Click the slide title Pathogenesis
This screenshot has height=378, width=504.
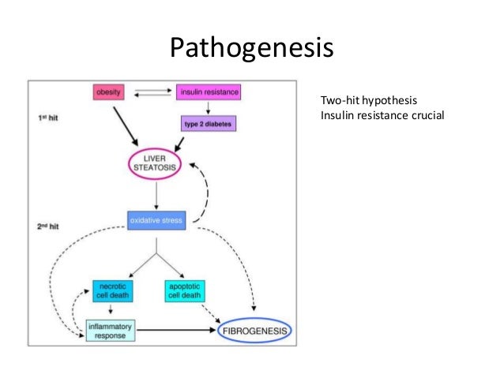[x=252, y=48]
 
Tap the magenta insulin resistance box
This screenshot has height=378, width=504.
[x=208, y=92]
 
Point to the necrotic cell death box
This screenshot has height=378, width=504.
[x=111, y=290]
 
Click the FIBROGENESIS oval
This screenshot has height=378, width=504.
[x=255, y=331]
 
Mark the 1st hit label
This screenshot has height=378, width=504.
[x=48, y=118]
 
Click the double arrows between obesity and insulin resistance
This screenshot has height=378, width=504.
[x=155, y=92]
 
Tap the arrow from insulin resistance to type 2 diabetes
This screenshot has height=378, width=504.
[x=208, y=107]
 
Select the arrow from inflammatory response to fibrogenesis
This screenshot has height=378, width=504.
[x=177, y=331]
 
